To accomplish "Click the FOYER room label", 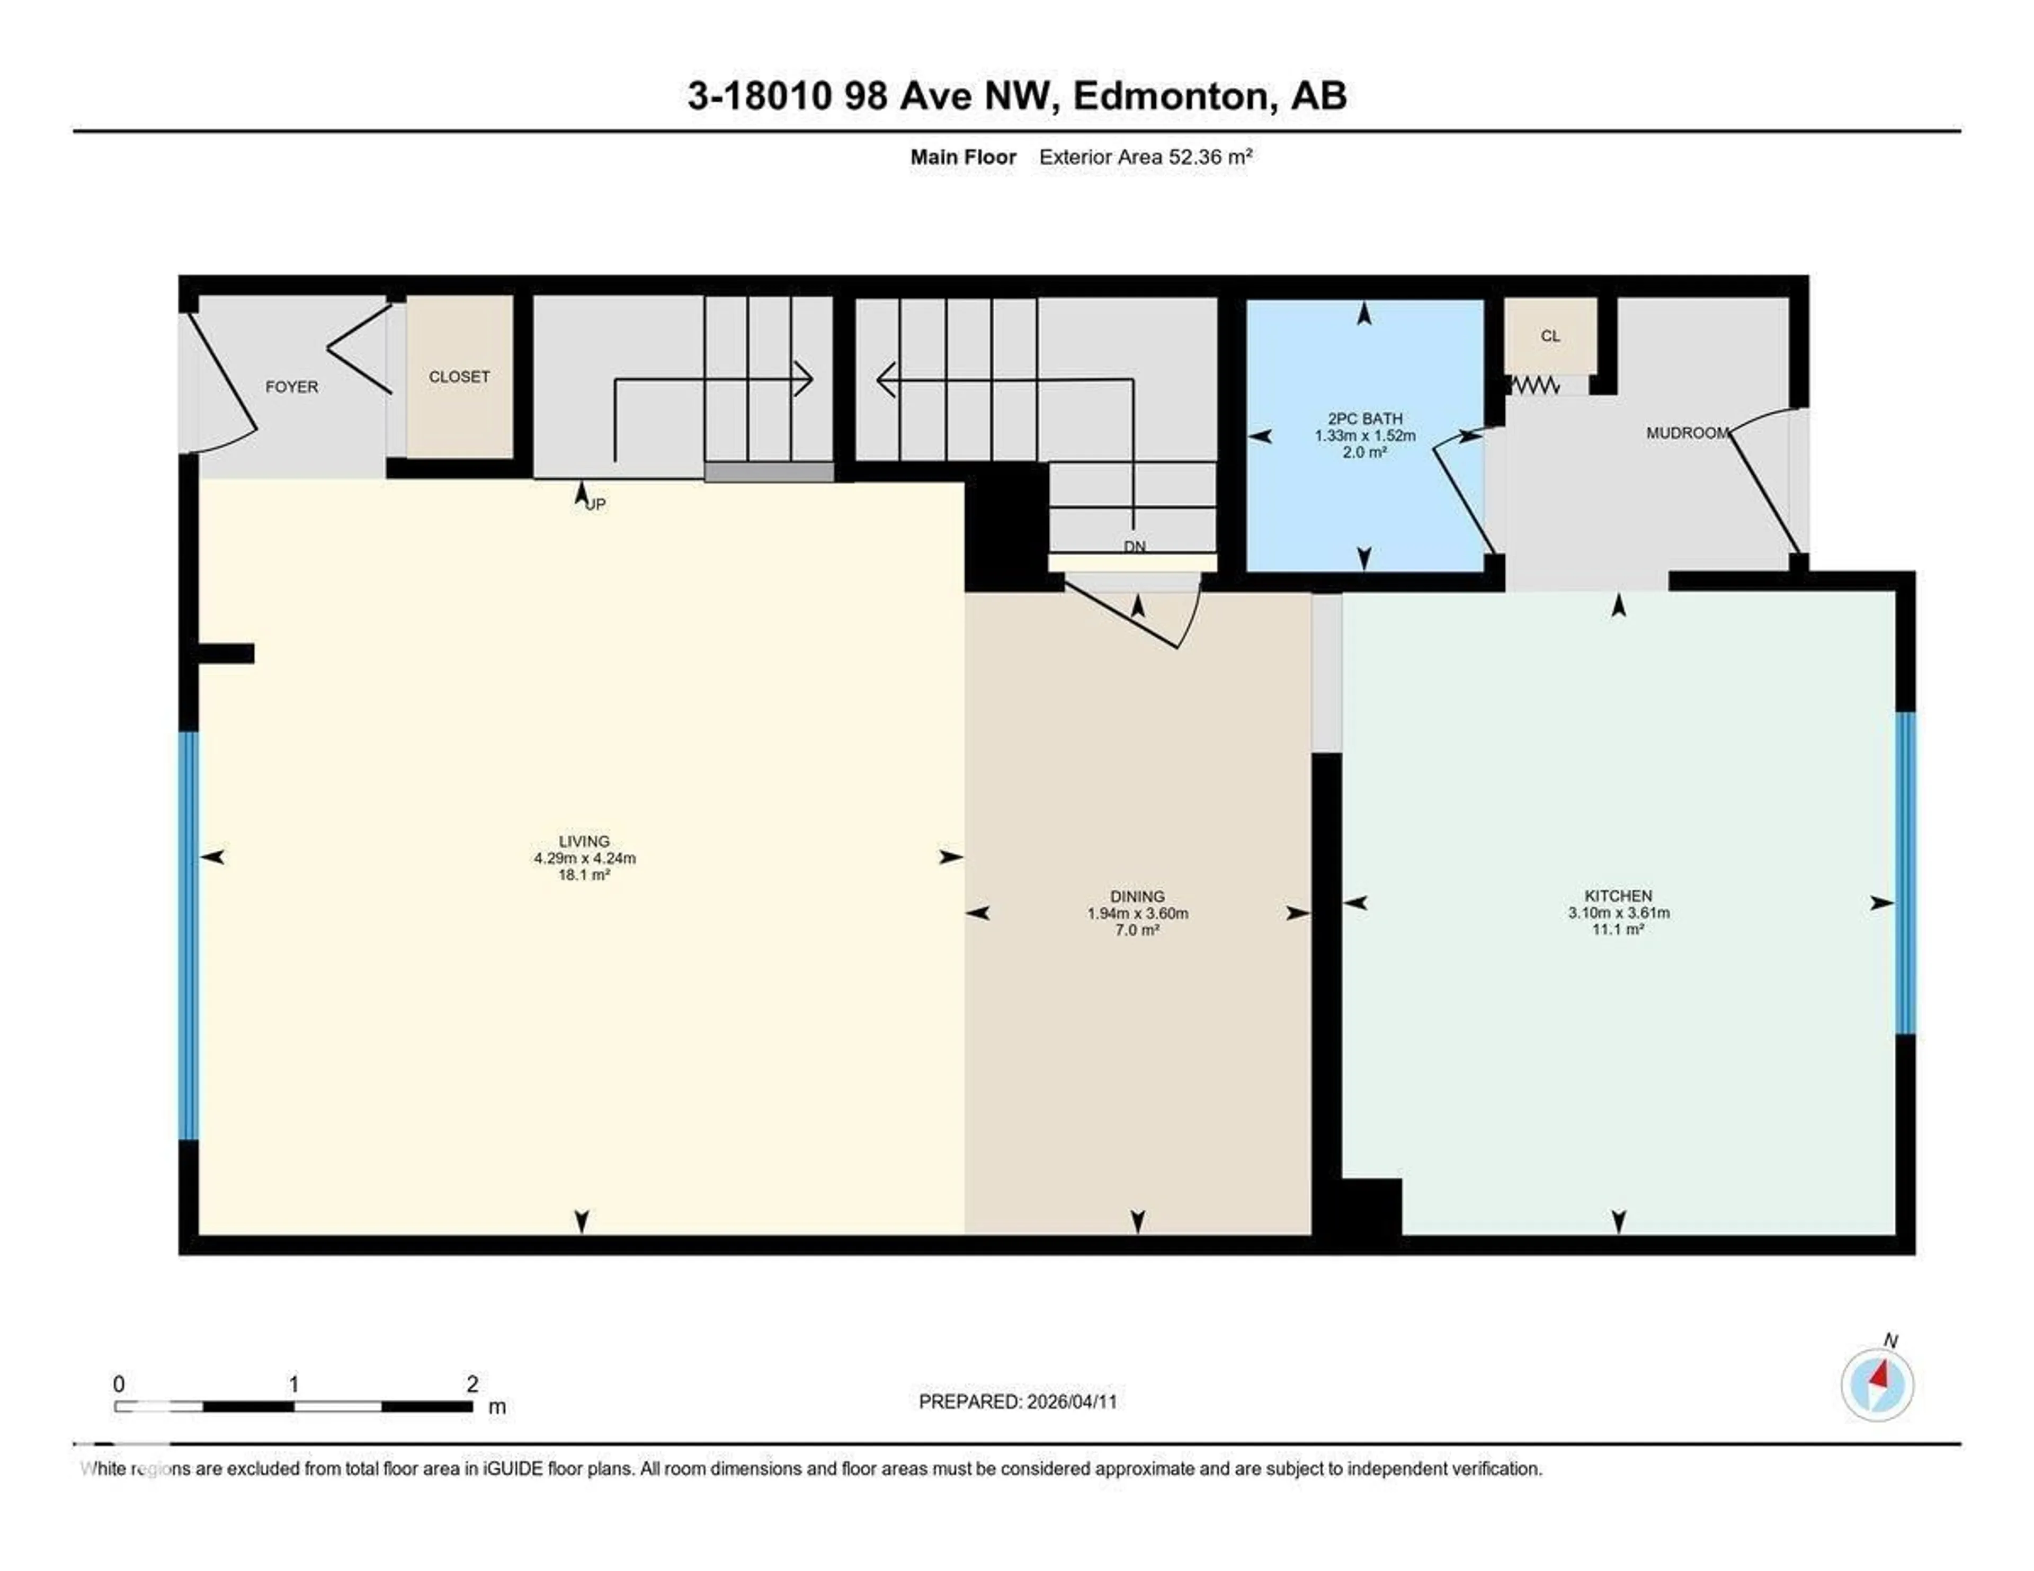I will [291, 387].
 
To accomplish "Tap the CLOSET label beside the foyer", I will [459, 376].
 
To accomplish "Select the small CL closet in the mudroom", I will [1550, 336].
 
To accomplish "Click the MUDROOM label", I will [1687, 433].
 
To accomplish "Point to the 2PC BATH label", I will [1364, 419].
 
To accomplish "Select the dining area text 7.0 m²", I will [1137, 930].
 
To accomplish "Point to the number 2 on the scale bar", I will [472, 1384].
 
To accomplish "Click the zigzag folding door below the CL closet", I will [1534, 383].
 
